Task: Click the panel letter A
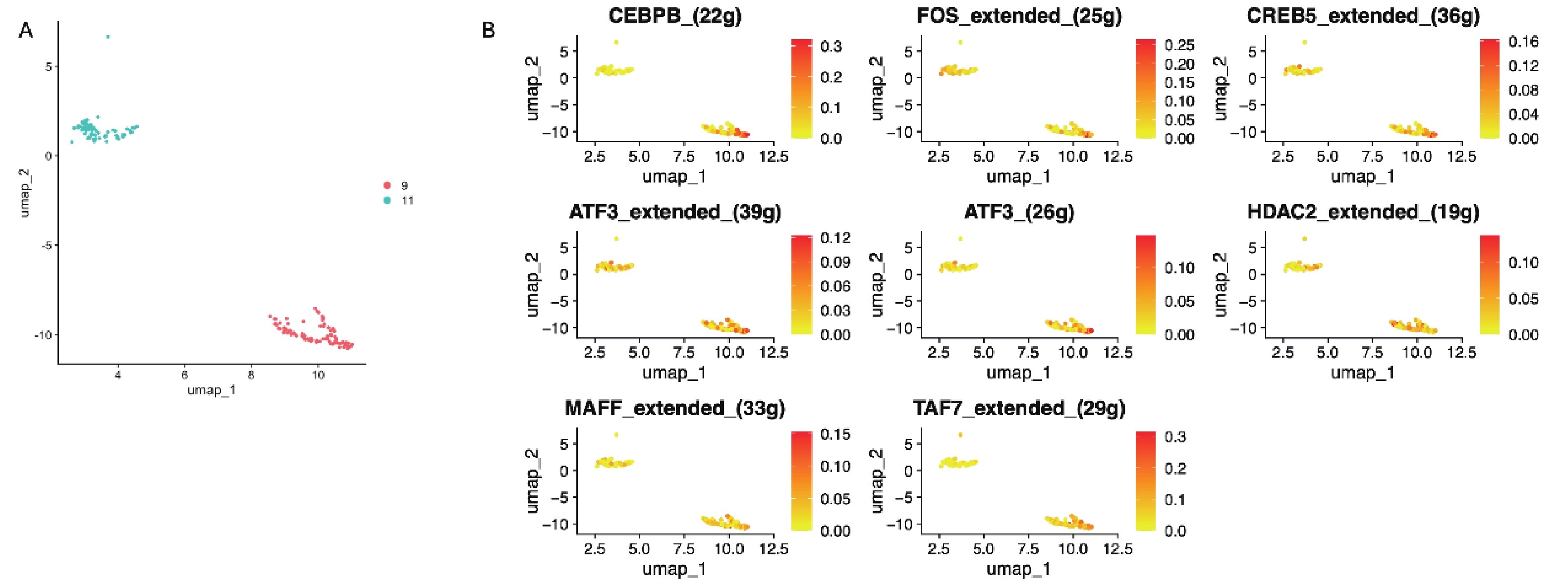click(x=25, y=30)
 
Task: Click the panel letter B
click(x=489, y=30)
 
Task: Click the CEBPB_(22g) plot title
click(x=674, y=16)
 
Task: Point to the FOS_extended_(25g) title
click(x=1019, y=16)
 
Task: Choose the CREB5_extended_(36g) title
click(x=1363, y=16)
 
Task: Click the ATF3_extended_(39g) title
click(x=674, y=212)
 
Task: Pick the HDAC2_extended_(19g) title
click(x=1363, y=212)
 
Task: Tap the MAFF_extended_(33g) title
click(x=674, y=409)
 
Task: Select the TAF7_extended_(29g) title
click(x=1019, y=409)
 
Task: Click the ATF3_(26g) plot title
click(x=1019, y=212)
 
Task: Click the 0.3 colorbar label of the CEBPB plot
click(x=831, y=46)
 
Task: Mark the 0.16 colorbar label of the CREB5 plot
click(x=1523, y=41)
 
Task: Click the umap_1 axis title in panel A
click(x=212, y=390)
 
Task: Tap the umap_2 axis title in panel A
click(x=25, y=193)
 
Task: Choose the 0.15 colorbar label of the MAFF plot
click(x=835, y=434)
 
